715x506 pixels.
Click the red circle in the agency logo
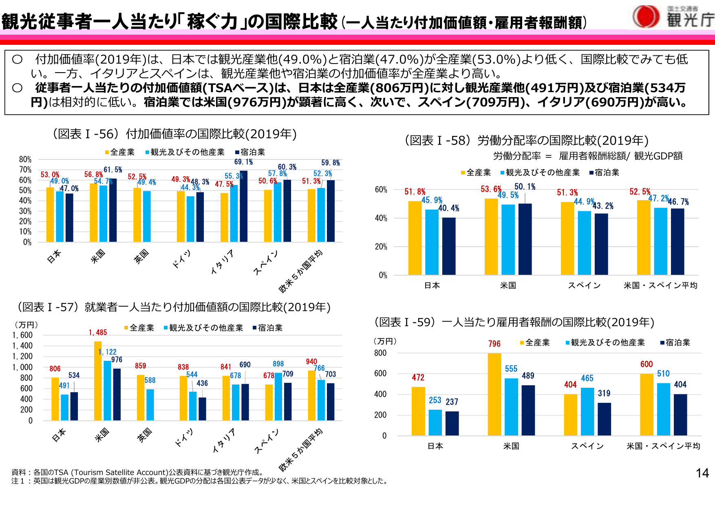[646, 16]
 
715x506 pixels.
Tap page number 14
[702, 473]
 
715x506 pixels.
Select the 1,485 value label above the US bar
[98, 333]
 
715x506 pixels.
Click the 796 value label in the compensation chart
[494, 344]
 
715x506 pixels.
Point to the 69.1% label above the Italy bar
[243, 162]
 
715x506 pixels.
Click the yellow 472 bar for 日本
[418, 411]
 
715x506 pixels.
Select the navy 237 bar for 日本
[452, 423]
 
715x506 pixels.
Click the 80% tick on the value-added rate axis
[25, 159]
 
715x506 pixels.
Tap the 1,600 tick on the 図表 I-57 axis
[22, 335]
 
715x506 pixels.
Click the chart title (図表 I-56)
[175, 134]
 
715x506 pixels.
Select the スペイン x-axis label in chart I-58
[584, 285]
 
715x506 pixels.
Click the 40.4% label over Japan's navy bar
[448, 208]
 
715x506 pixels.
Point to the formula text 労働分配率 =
[522, 156]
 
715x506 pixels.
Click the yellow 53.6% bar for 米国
[491, 236]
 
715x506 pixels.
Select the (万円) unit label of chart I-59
[385, 341]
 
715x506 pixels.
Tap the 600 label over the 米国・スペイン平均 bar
[647, 364]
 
